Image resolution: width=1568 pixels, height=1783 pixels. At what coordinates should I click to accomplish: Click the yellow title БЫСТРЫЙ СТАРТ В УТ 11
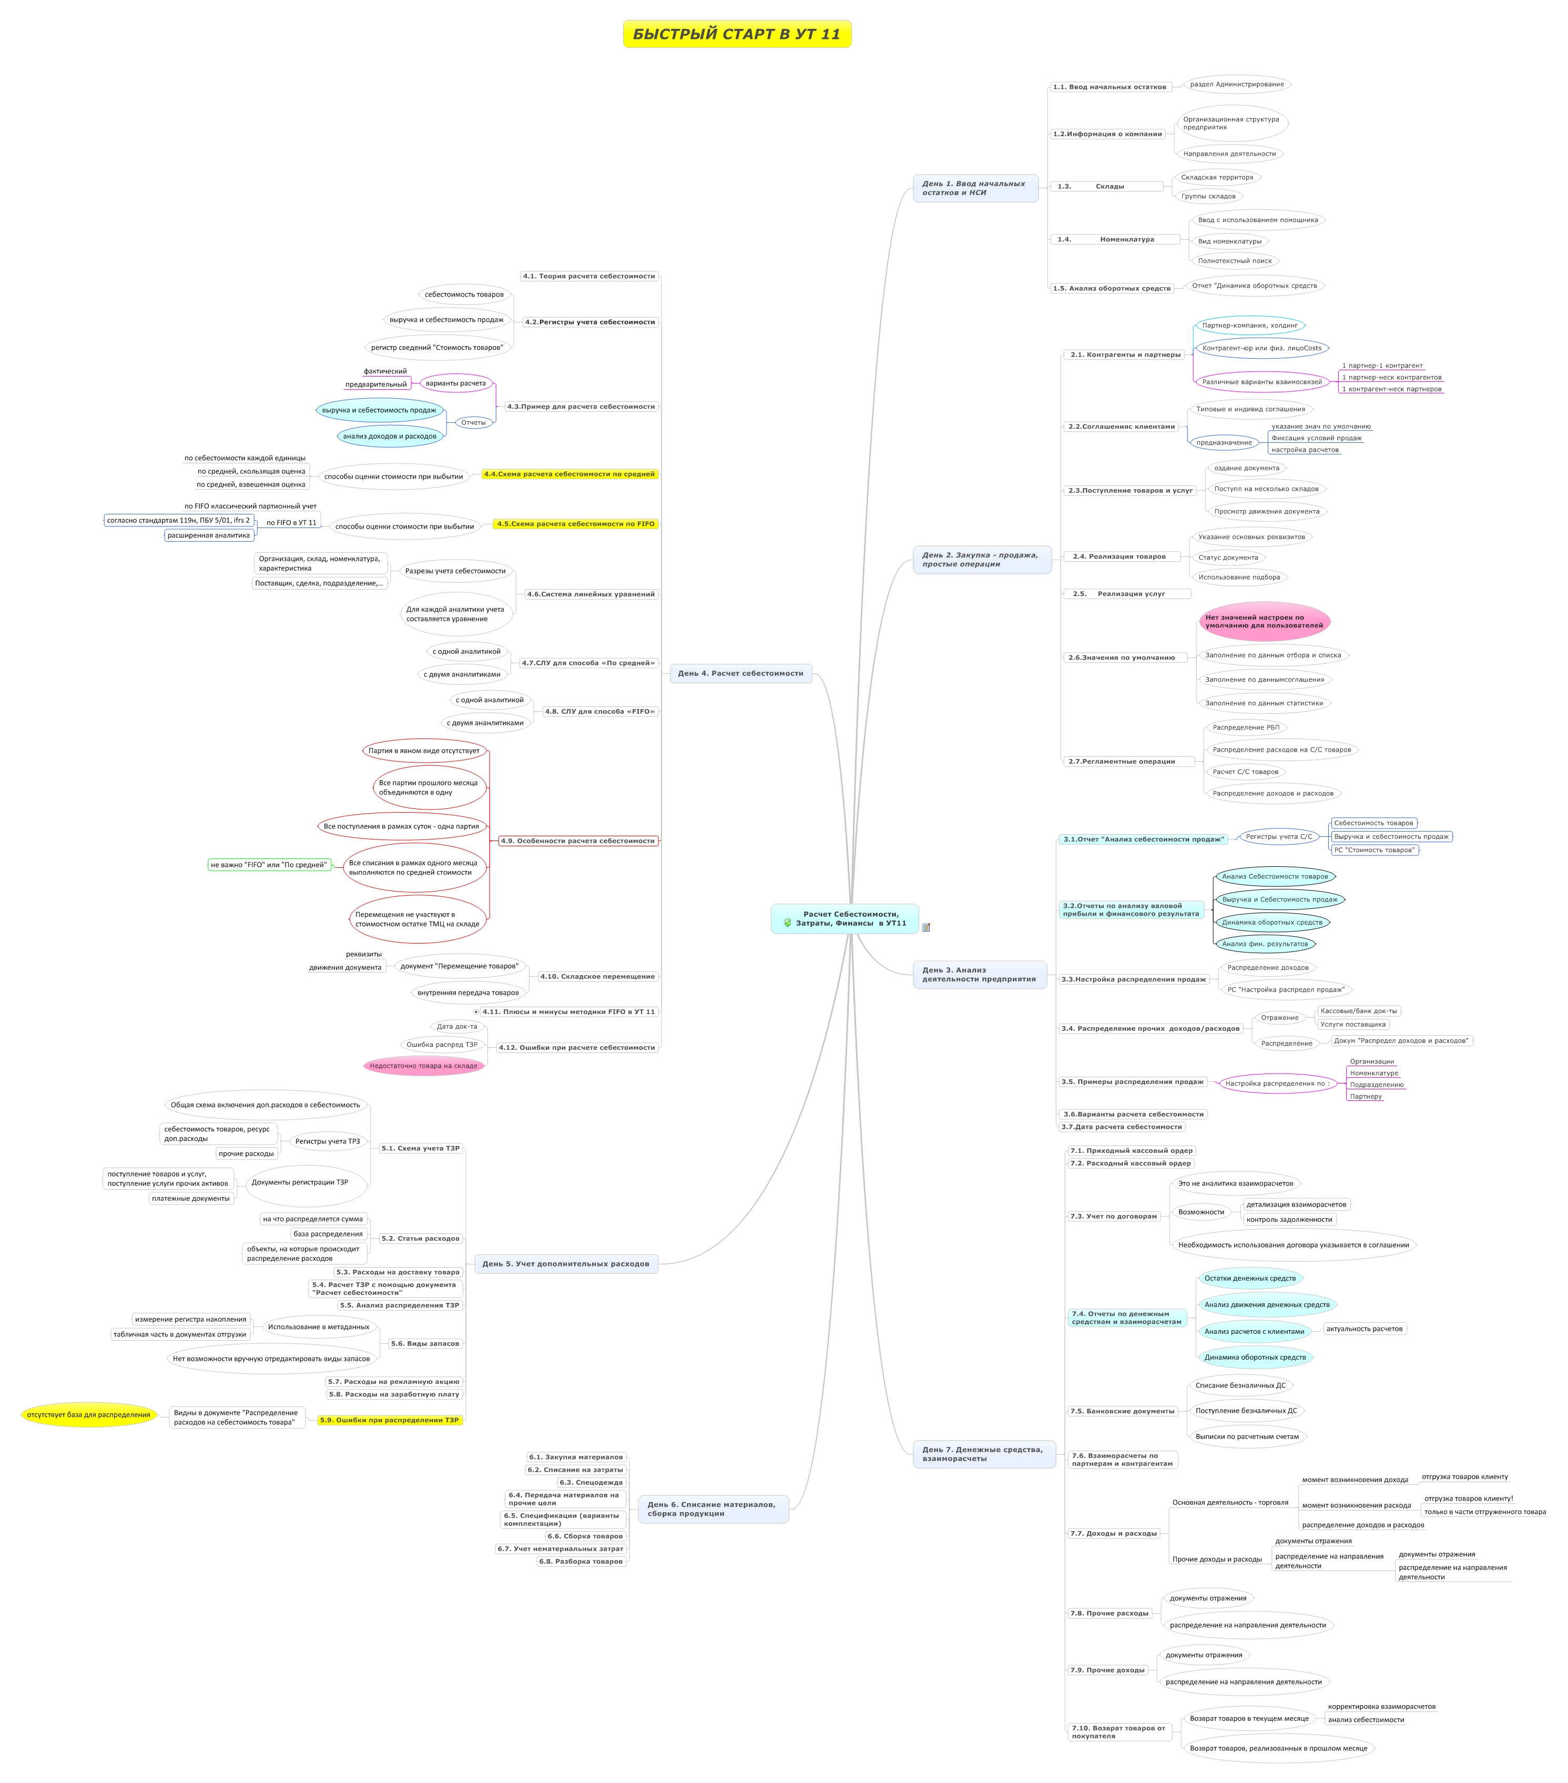[737, 34]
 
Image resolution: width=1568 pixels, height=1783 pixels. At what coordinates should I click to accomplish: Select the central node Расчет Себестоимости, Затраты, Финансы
[844, 918]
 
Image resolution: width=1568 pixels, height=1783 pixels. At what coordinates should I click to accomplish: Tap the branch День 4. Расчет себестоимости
[740, 673]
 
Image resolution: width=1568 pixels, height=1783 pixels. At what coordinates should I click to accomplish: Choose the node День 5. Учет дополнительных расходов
[566, 1263]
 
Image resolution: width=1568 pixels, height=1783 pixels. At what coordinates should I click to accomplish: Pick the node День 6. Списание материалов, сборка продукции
[714, 1509]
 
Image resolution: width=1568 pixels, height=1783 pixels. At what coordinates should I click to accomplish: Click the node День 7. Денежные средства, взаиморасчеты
[984, 1454]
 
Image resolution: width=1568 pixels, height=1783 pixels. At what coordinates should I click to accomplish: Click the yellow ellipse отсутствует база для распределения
[89, 1415]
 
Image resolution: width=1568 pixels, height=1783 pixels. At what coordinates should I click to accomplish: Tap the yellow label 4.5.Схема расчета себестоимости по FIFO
[576, 524]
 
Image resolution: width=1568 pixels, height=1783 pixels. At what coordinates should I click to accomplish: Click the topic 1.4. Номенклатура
[1115, 239]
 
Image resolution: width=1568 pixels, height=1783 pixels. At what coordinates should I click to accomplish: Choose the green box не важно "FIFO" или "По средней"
[269, 865]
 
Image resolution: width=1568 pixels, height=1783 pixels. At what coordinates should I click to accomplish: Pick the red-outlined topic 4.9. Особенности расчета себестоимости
[578, 841]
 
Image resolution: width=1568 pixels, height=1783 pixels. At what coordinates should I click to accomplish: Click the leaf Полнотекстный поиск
[1235, 261]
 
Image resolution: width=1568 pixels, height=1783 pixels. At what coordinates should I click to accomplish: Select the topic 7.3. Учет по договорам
[1114, 1216]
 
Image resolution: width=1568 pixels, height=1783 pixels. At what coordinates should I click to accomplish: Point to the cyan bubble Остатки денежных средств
[1250, 1278]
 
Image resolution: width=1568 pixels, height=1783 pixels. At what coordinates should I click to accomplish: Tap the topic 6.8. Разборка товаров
[581, 1562]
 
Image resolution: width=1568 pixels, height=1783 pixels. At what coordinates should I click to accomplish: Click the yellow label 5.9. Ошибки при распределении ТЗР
[390, 1420]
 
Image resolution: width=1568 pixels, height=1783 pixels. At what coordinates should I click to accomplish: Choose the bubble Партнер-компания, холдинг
[1250, 326]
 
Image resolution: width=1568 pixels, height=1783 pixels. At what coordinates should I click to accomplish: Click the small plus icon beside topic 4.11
[476, 1012]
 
